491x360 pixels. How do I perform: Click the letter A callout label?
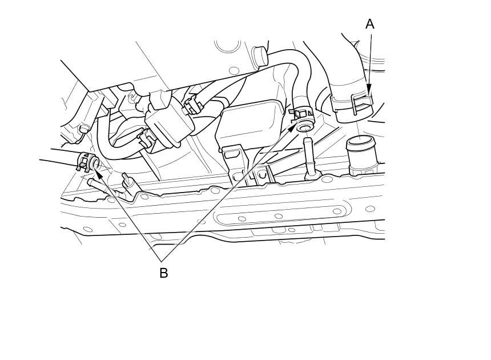point(369,24)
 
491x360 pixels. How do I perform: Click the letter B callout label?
point(163,273)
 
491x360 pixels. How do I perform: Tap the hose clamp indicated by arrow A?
point(353,106)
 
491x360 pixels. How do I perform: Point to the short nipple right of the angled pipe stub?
point(129,183)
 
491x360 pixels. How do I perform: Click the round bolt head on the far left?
point(83,129)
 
